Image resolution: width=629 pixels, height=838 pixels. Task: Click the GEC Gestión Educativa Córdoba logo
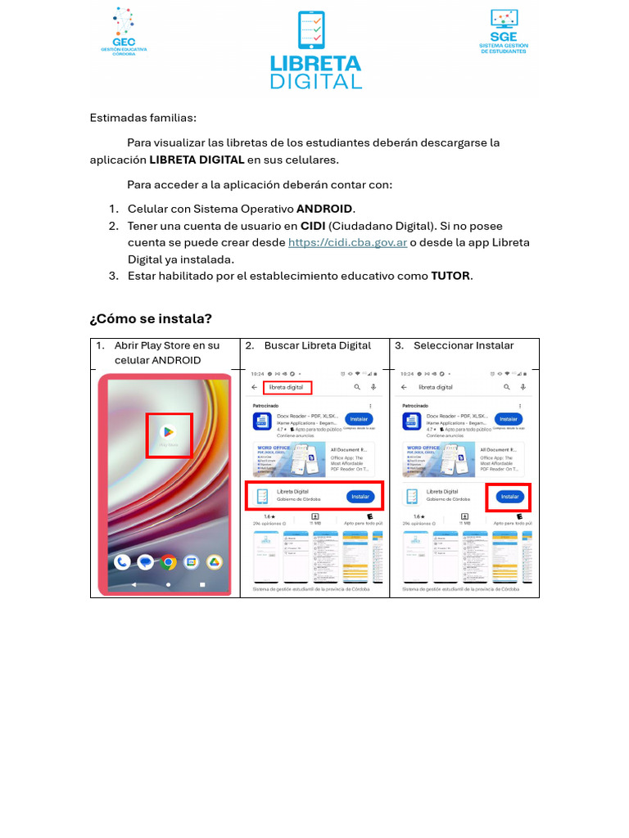124,31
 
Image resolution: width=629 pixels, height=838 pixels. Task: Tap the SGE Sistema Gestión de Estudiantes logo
504,32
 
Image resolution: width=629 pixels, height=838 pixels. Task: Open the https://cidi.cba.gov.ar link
347,242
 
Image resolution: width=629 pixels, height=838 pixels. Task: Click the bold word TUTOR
450,276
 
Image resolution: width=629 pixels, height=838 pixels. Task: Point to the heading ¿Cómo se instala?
150,318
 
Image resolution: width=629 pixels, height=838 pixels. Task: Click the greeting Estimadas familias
143,118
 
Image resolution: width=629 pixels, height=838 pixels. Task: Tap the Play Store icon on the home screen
169,435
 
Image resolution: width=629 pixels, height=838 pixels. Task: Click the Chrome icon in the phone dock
169,562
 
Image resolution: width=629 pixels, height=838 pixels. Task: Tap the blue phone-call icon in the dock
122,562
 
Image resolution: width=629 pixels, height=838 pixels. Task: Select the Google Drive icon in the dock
215,562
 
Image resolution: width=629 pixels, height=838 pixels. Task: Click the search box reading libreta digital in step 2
287,387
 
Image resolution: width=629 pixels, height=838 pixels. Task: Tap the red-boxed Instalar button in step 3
509,497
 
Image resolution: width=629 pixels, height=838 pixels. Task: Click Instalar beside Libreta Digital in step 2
360,497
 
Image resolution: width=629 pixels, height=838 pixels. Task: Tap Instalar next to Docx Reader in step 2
359,419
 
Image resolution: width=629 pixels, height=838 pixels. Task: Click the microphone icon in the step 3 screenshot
523,387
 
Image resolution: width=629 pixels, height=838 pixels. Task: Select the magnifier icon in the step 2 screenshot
357,387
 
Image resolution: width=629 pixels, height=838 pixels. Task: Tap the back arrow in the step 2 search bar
254,387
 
